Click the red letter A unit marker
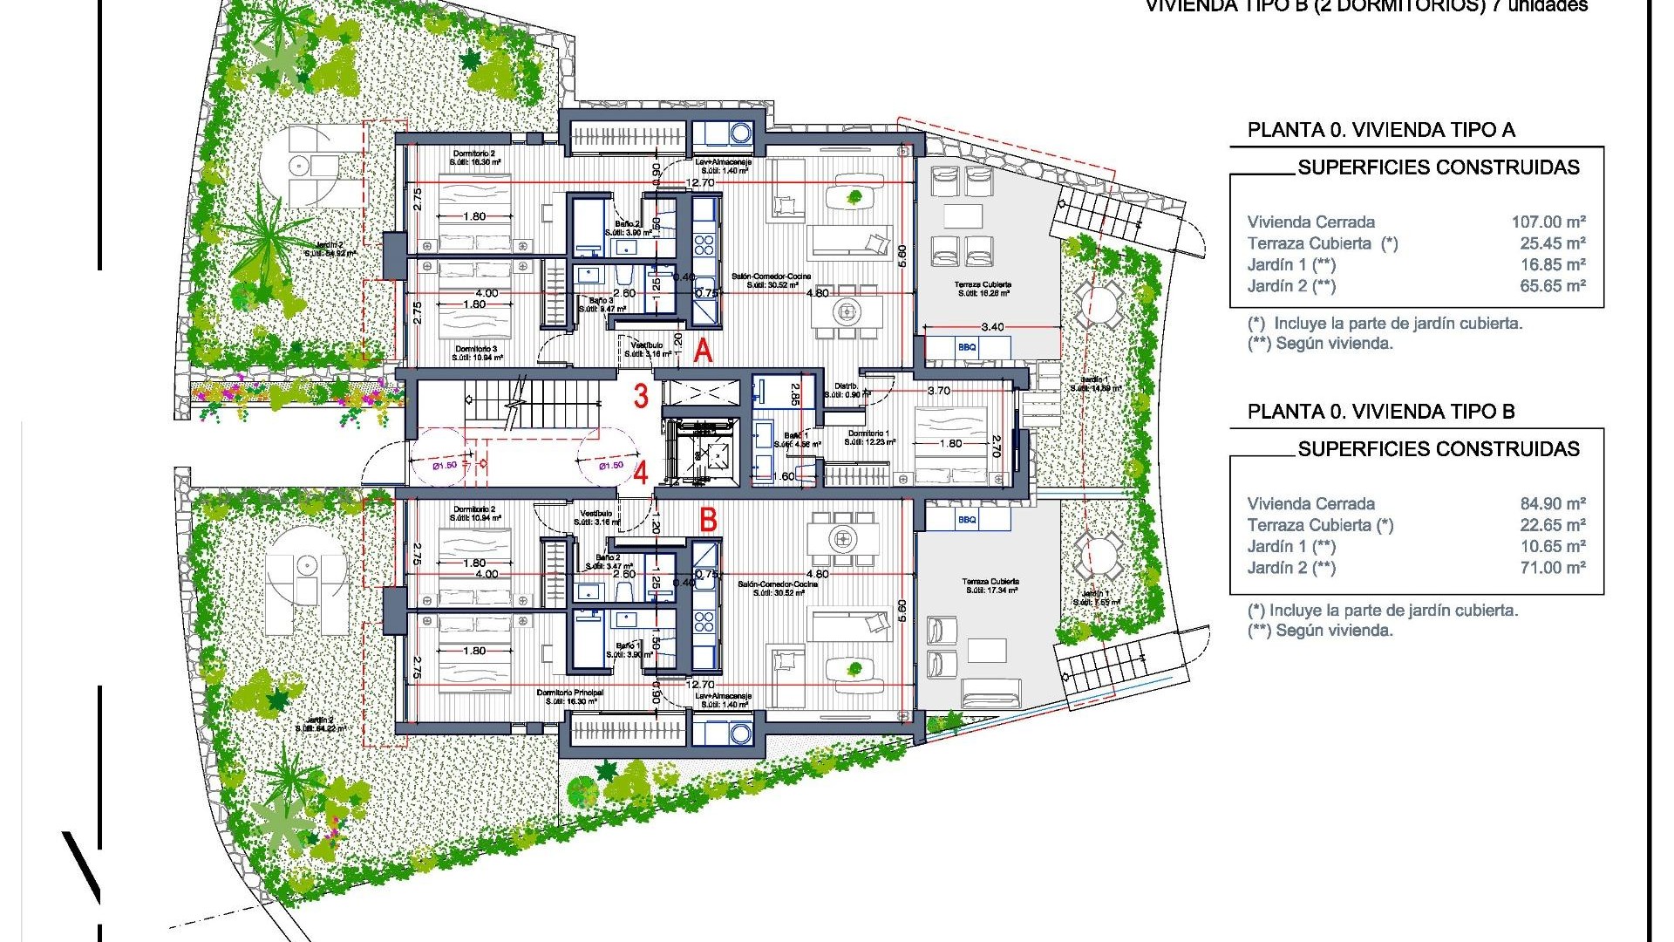(703, 351)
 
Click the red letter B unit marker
(708, 521)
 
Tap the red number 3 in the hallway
(641, 396)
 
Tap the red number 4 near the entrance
(641, 474)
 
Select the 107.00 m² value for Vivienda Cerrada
(1548, 222)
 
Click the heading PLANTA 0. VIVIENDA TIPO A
(1380, 131)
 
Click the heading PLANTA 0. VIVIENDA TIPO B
(1380, 412)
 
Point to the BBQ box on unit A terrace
(967, 347)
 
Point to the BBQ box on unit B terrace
(967, 520)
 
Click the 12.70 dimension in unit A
(699, 183)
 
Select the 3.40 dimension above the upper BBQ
(992, 327)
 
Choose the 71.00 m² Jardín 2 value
(1553, 568)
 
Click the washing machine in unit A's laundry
(740, 133)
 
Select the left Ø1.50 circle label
(445, 465)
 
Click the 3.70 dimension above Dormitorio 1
(939, 391)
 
